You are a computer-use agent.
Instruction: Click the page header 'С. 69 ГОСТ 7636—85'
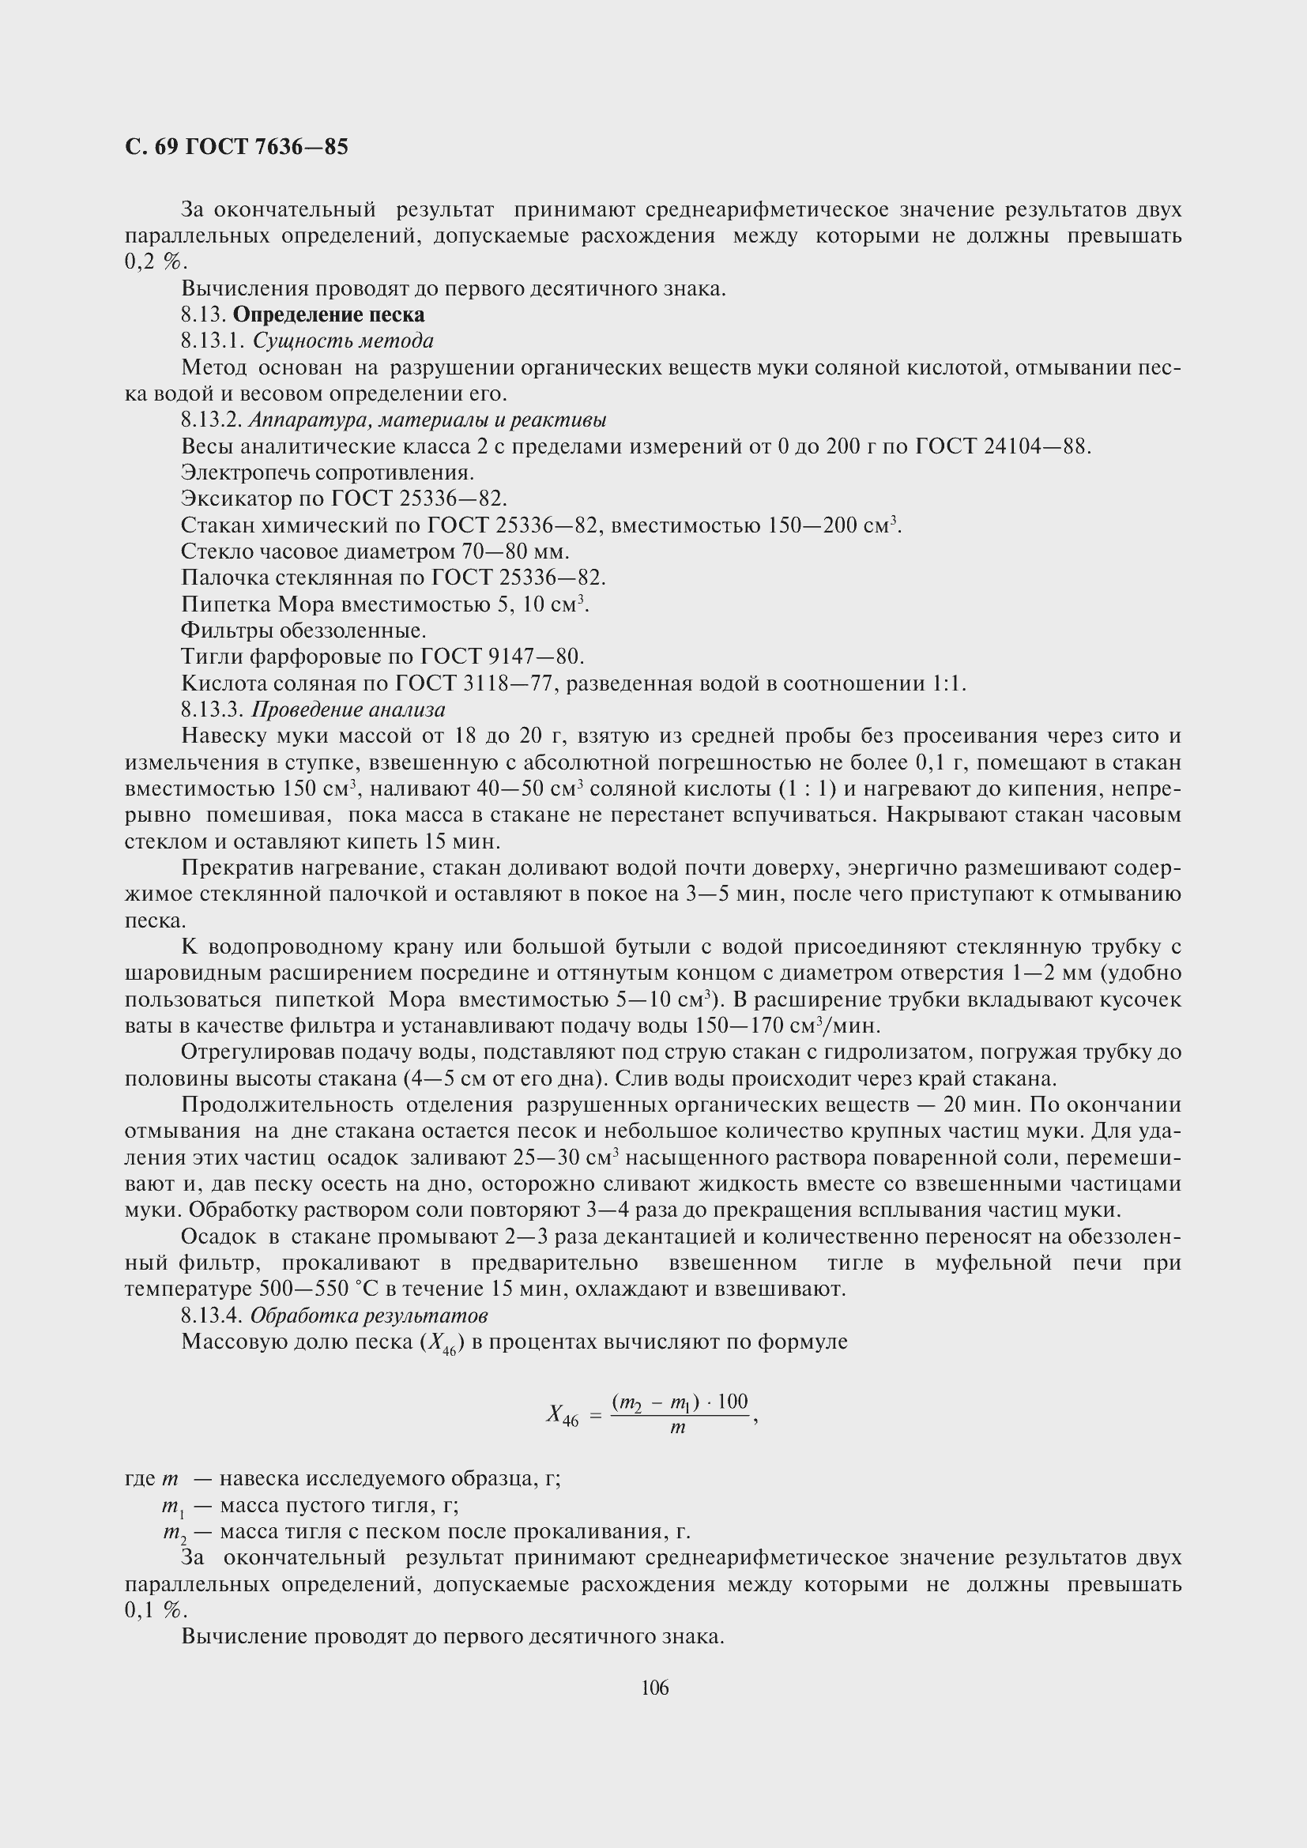(236, 147)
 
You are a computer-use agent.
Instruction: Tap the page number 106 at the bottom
(654, 1687)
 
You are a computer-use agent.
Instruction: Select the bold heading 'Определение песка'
(329, 314)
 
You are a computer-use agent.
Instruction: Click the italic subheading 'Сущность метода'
(343, 341)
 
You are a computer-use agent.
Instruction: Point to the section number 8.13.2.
(211, 420)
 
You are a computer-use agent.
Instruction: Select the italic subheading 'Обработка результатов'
(369, 1315)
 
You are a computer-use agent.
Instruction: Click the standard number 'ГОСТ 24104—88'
(1003, 446)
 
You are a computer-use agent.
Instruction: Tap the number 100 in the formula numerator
(733, 1402)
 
